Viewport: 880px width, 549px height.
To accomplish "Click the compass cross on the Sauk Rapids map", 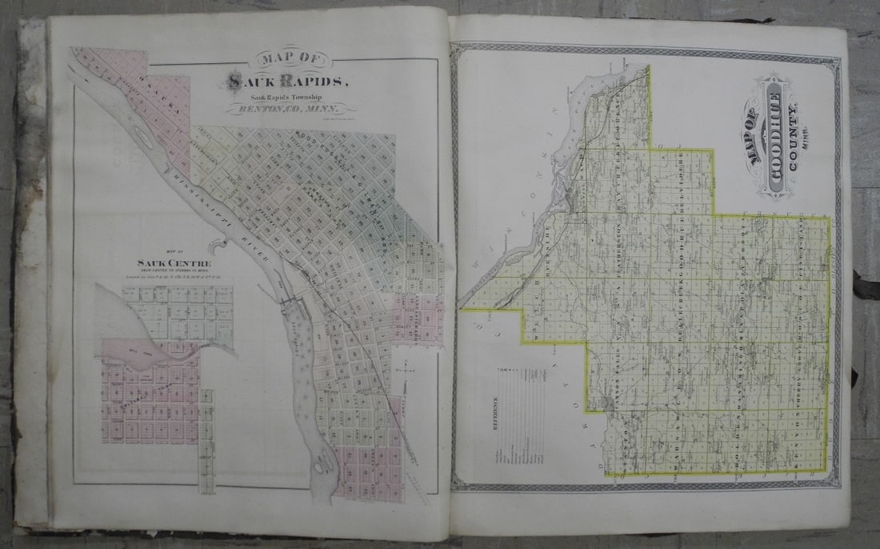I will (x=407, y=371).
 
